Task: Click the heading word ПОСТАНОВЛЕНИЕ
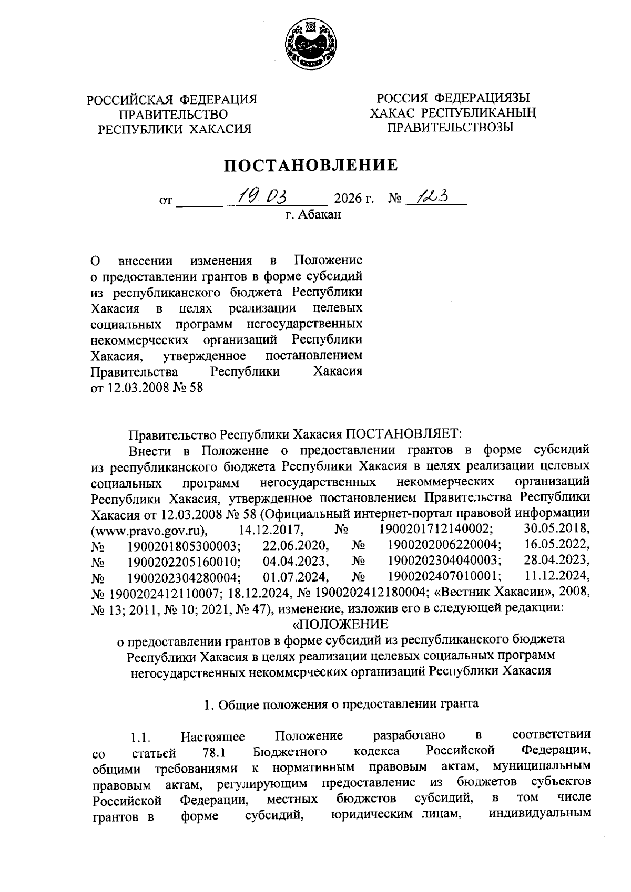point(311,166)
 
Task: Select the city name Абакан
point(319,214)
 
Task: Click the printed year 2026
point(349,200)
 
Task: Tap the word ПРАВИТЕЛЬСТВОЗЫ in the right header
point(450,127)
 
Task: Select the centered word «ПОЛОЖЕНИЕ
point(340,624)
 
